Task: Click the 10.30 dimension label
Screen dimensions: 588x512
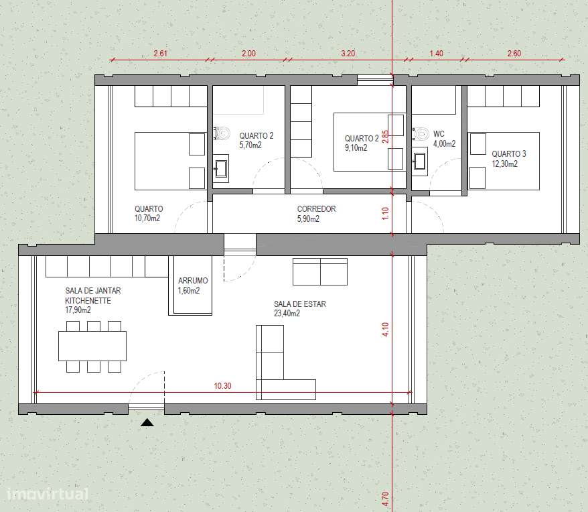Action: pyautogui.click(x=222, y=385)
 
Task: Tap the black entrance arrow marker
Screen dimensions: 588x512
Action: pyautogui.click(x=147, y=423)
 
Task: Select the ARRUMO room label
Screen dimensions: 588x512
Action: pyautogui.click(x=193, y=280)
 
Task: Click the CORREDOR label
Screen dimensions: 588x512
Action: pyautogui.click(x=316, y=208)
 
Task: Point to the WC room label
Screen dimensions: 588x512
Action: pyautogui.click(x=439, y=133)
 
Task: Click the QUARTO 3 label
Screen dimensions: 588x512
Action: pyautogui.click(x=509, y=154)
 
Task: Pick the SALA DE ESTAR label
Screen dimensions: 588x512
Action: pyautogui.click(x=299, y=304)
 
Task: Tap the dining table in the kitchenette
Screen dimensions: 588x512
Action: pyautogui.click(x=92, y=346)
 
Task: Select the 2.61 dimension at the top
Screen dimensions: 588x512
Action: pyautogui.click(x=160, y=54)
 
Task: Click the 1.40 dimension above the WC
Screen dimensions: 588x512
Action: pyautogui.click(x=436, y=54)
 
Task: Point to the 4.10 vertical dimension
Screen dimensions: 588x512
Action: pyautogui.click(x=385, y=329)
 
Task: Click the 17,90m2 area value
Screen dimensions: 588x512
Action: pyautogui.click(x=78, y=310)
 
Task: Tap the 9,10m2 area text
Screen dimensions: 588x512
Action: pyautogui.click(x=356, y=148)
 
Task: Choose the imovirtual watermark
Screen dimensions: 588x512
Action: pyautogui.click(x=48, y=494)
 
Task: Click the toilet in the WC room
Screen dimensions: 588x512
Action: pyautogui.click(x=421, y=133)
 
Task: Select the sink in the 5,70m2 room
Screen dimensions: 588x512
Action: pyautogui.click(x=220, y=168)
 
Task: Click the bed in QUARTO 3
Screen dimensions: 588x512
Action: pyautogui.click(x=503, y=161)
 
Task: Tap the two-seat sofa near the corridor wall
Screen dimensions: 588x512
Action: pyautogui.click(x=320, y=272)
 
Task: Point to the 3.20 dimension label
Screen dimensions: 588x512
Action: pyautogui.click(x=348, y=54)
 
